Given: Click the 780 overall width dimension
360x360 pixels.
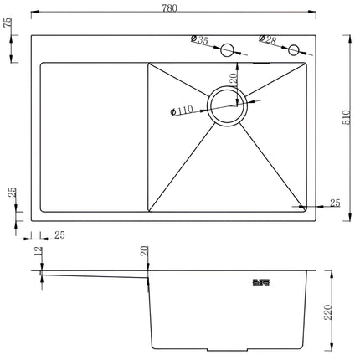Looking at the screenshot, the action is click(170, 8).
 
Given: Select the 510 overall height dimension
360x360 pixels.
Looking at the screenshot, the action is click(346, 117).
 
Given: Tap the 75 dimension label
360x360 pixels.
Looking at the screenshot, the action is click(8, 23).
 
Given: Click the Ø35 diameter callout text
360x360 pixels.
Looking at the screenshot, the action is click(199, 39).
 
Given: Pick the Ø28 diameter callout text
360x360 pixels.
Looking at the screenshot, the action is click(267, 39).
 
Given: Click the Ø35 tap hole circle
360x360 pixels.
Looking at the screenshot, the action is click(227, 50).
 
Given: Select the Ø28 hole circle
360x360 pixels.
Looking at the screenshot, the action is click(294, 50).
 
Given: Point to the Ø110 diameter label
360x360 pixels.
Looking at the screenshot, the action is click(182, 111).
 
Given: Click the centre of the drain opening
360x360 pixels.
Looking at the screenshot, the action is click(227, 106).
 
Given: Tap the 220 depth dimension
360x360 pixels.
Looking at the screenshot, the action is click(328, 312).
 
